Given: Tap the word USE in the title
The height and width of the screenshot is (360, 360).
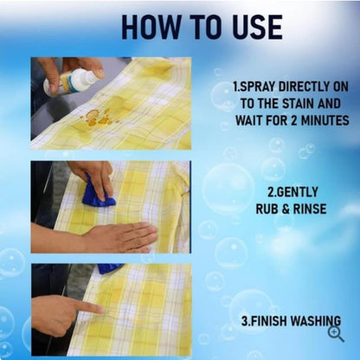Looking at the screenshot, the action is click(x=254, y=27).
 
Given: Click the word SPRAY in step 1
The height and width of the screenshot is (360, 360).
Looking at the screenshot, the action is click(x=257, y=87).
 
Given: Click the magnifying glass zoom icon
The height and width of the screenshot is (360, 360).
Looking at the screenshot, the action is click(x=336, y=335).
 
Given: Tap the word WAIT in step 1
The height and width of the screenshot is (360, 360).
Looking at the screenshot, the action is click(x=249, y=120).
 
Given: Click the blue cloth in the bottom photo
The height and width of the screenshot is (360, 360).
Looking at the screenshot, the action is click(x=110, y=268).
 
